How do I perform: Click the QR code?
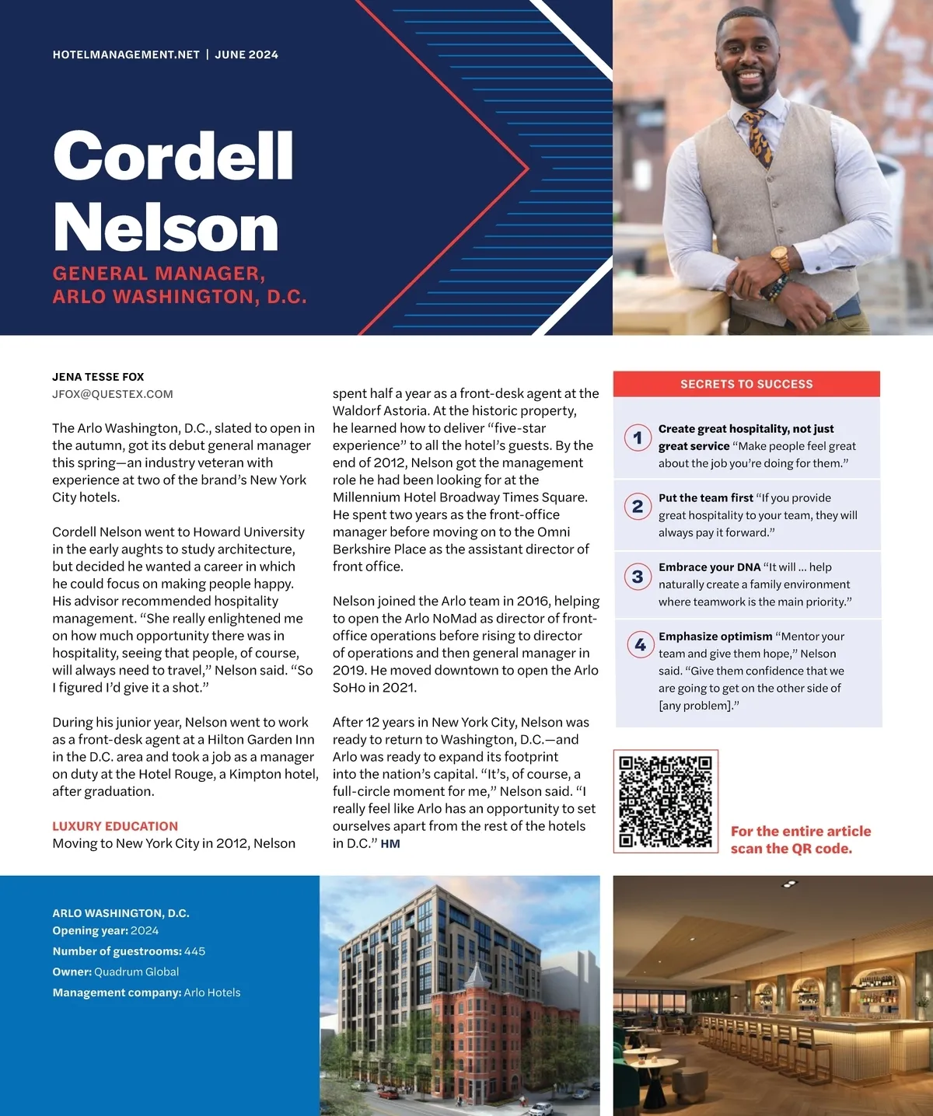coord(666,801)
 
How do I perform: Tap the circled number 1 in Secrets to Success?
coord(638,438)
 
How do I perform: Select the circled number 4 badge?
coord(640,644)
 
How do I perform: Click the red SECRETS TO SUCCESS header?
coord(746,384)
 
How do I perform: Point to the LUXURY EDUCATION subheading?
coord(115,826)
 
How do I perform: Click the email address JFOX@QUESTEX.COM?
coord(113,394)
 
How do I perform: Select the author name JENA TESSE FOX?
coord(98,377)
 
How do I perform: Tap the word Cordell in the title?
coord(173,156)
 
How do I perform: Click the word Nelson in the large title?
coord(166,228)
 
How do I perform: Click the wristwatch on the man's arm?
coord(779,257)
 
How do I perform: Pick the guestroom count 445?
coord(194,951)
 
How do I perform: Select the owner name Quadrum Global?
coord(136,972)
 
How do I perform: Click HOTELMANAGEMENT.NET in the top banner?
coord(126,54)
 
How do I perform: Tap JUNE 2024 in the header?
coord(246,54)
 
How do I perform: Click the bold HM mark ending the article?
coord(390,844)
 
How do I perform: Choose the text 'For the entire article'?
coord(801,832)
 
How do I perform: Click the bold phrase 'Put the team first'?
coord(706,498)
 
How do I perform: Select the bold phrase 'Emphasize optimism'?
coord(715,636)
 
